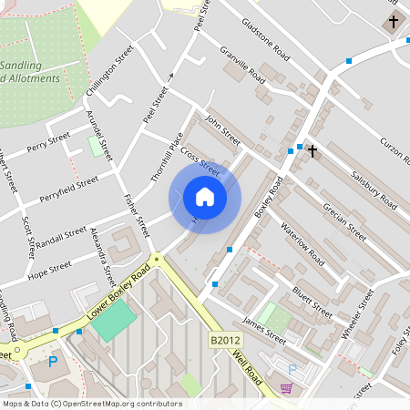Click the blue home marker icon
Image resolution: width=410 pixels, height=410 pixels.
(x=205, y=196)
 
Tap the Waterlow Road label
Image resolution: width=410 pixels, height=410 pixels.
(x=302, y=243)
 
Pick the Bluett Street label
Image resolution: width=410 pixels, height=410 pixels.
(x=312, y=298)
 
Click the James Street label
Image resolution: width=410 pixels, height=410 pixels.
(x=263, y=330)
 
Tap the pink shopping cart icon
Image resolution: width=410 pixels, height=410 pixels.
(x=286, y=388)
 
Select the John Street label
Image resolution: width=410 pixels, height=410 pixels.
(x=222, y=128)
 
